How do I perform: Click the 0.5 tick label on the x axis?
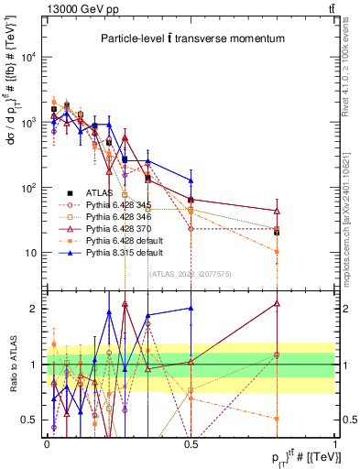tap(191, 442)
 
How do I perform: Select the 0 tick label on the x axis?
tap(47, 442)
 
